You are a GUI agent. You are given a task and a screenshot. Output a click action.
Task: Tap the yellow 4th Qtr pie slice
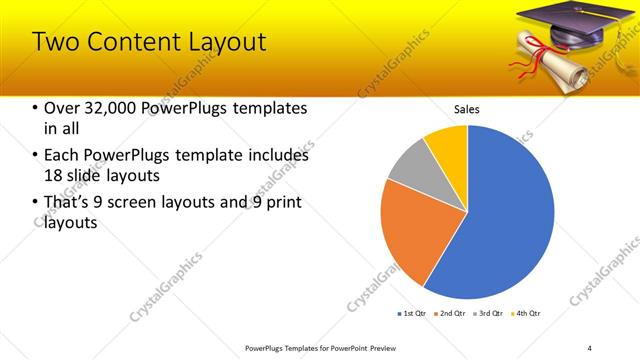[448, 145]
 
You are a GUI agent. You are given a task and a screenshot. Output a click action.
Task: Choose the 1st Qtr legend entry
[412, 314]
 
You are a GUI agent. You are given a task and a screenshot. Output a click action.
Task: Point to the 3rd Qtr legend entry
[488, 314]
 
